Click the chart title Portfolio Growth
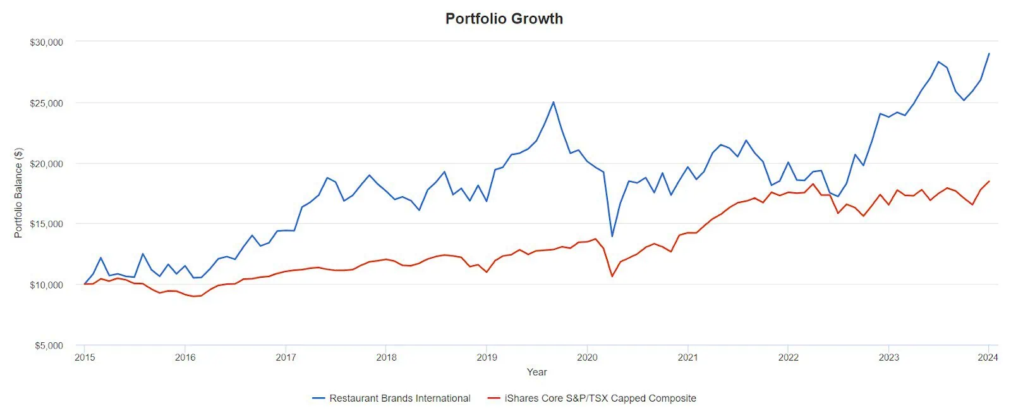click(504, 18)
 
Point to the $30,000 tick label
click(46, 42)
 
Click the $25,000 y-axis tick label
click(46, 103)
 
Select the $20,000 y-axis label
click(46, 164)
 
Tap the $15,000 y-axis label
click(46, 224)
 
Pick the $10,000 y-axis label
click(46, 285)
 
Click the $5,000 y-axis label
click(48, 345)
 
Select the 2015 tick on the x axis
click(85, 357)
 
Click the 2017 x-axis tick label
click(286, 357)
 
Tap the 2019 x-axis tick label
click(487, 357)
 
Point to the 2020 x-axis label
click(587, 357)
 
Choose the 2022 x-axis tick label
click(788, 357)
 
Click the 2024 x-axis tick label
click(988, 357)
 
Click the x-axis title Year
click(536, 372)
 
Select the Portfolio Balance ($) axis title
click(18, 193)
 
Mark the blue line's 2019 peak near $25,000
click(554, 102)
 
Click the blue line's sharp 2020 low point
click(612, 236)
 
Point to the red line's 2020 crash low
click(612, 276)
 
